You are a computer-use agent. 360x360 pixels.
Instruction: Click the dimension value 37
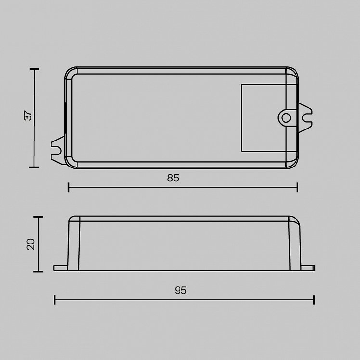28,116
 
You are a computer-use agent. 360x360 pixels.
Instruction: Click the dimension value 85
173,178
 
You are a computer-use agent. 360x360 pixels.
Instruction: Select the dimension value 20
31,244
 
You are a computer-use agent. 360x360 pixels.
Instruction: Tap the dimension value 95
180,290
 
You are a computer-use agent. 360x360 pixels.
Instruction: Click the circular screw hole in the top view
286,118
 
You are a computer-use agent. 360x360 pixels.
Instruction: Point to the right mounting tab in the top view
306,118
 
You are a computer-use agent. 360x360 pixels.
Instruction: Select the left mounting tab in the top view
58,150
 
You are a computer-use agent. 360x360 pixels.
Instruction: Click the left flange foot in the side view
61,268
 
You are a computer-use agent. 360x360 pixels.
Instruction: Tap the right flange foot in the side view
308,268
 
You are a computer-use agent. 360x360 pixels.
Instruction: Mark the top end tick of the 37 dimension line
35,69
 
